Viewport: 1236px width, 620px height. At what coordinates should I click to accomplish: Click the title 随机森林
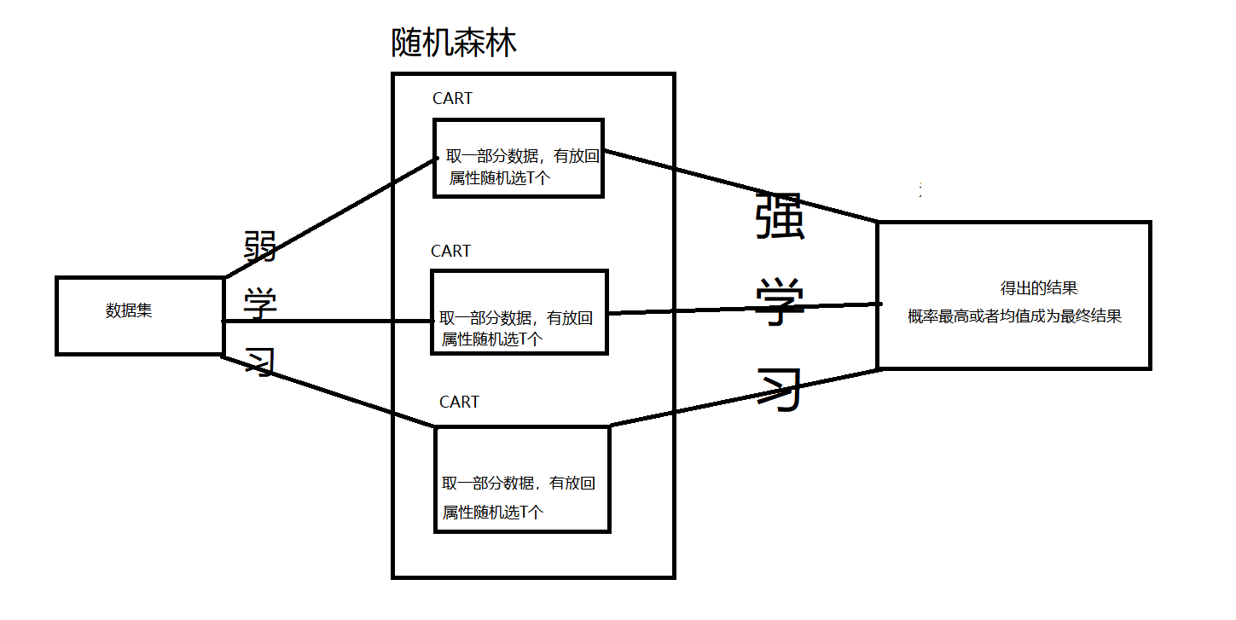click(454, 43)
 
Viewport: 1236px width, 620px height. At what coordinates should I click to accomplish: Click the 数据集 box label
click(129, 311)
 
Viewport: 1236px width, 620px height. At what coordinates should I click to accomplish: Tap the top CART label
click(452, 99)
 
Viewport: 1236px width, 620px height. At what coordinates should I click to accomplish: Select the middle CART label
click(450, 252)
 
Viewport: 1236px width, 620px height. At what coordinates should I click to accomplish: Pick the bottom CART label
click(459, 402)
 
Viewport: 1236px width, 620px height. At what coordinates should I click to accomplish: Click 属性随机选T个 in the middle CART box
click(492, 339)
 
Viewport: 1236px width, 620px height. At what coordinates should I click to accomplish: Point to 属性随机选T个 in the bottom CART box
click(493, 513)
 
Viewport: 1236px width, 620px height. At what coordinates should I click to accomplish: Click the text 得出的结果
click(1039, 288)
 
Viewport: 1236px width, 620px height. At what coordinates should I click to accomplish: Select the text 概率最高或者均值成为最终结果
click(1014, 316)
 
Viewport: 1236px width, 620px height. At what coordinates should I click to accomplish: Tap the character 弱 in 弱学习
click(259, 248)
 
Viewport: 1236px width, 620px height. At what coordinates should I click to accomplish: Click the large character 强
click(780, 219)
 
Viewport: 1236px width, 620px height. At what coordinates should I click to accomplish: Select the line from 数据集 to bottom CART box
click(328, 391)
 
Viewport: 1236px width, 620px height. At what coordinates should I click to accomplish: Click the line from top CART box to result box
click(742, 187)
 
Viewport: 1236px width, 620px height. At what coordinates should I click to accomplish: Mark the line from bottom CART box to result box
click(742, 397)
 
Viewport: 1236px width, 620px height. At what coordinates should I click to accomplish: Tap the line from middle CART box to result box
click(742, 309)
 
